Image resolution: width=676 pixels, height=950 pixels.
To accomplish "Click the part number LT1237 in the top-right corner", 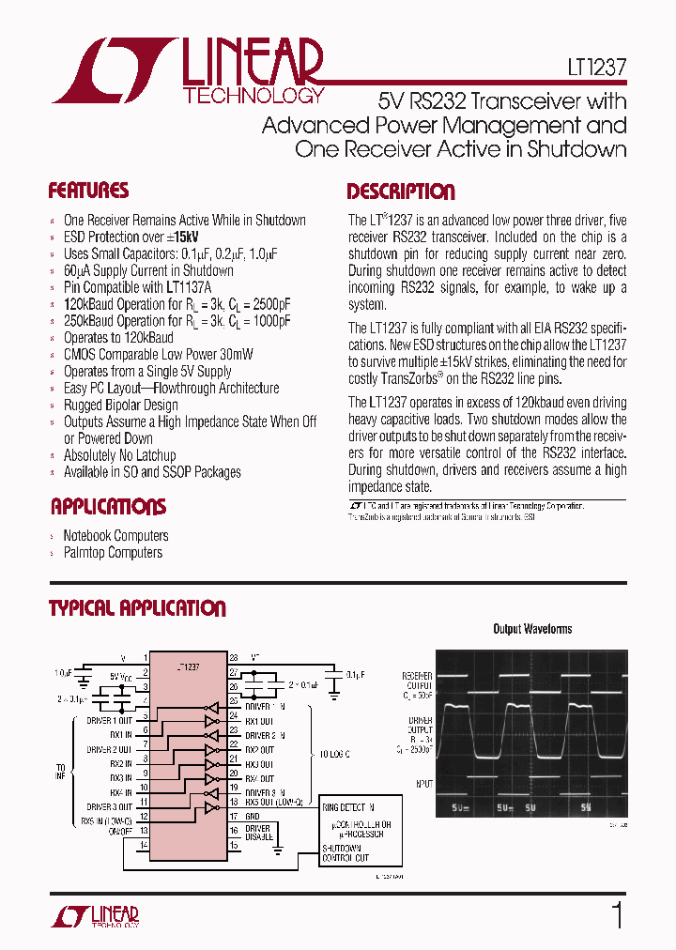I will pyautogui.click(x=590, y=69).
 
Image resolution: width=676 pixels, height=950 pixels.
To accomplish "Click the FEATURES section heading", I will pyautogui.click(x=88, y=192).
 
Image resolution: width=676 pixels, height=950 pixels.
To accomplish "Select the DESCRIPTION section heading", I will pyautogui.click(x=401, y=192).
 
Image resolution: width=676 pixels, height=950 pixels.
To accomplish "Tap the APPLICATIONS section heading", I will pyautogui.click(x=107, y=508).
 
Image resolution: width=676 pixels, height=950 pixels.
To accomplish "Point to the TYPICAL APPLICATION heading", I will pyautogui.click(x=137, y=608).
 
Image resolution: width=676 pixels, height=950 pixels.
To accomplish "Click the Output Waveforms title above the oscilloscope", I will pyautogui.click(x=532, y=629).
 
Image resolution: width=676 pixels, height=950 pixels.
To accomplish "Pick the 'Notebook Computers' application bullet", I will pyautogui.click(x=115, y=536).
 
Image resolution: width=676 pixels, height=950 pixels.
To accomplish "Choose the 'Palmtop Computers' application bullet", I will pyautogui.click(x=113, y=553).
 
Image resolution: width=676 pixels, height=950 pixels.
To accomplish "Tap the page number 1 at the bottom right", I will pyautogui.click(x=617, y=915).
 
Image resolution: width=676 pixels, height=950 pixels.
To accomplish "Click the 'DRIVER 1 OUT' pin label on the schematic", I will pyautogui.click(x=109, y=720).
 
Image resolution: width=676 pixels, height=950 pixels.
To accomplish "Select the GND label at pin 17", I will pyautogui.click(x=254, y=816).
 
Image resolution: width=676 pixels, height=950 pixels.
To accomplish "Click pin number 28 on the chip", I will pyautogui.click(x=234, y=658).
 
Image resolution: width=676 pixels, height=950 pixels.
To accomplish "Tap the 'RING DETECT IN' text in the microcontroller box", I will pyautogui.click(x=348, y=806).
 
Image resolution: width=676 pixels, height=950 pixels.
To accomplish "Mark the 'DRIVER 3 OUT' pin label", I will pyautogui.click(x=109, y=807).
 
